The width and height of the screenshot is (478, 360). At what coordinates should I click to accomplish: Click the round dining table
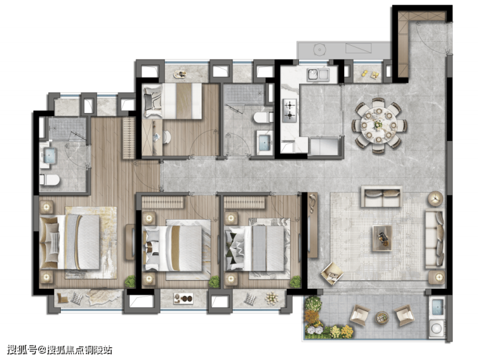(x=379, y=125)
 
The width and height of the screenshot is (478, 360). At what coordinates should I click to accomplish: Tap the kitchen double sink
(x=318, y=75)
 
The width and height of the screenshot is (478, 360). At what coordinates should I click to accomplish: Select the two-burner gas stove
(x=289, y=111)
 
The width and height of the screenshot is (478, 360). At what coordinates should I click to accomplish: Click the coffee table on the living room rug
(x=382, y=238)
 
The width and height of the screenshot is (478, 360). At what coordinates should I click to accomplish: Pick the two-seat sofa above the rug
(x=381, y=196)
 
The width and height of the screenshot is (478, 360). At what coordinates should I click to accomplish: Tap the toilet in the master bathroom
(x=49, y=180)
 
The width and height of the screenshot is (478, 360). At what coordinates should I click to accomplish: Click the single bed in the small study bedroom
(x=172, y=101)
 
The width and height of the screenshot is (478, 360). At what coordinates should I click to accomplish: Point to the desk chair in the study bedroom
(x=166, y=137)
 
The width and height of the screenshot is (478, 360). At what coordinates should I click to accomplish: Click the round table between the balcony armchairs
(x=382, y=317)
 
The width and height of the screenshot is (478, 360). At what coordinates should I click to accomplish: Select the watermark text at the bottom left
(x=59, y=350)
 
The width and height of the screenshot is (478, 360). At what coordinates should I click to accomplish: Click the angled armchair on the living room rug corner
(x=332, y=273)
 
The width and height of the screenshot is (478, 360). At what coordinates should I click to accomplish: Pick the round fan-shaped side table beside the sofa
(x=435, y=198)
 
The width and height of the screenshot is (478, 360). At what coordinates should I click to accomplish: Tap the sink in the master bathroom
(x=49, y=156)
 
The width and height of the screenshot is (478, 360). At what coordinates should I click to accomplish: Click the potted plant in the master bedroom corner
(x=130, y=281)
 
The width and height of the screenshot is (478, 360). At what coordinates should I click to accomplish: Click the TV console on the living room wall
(x=313, y=225)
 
